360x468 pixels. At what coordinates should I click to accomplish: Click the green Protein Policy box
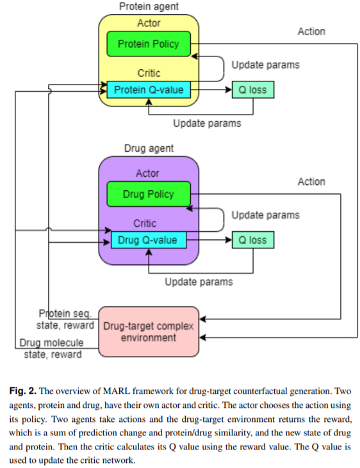tap(149, 44)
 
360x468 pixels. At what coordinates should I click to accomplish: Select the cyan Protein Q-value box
tap(149, 90)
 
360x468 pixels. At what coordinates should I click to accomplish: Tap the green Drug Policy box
tap(149, 194)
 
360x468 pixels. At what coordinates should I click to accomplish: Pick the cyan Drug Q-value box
tap(149, 240)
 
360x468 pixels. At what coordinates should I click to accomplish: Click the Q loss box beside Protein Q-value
tap(253, 90)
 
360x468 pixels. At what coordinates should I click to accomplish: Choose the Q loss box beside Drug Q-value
tap(253, 240)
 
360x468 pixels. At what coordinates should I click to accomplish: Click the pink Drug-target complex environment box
tap(149, 332)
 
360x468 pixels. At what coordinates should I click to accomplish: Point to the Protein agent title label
tap(149, 6)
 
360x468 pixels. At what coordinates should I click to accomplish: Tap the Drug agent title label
tap(149, 149)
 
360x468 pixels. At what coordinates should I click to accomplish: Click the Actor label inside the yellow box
tap(149, 23)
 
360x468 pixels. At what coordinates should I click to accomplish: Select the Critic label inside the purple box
tap(145, 223)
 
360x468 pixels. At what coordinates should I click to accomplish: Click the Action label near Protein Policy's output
tap(311, 31)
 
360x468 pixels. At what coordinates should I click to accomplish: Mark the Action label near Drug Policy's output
tap(311, 181)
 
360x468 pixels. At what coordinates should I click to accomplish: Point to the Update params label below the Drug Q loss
tap(199, 282)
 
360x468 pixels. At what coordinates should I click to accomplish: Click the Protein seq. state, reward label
tap(65, 319)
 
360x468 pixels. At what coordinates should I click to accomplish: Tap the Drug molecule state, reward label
tap(51, 348)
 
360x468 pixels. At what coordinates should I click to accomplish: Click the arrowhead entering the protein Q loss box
tap(229, 90)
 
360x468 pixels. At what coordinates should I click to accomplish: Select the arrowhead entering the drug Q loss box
tap(229, 239)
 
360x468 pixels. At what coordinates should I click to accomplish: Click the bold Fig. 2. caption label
tap(22, 391)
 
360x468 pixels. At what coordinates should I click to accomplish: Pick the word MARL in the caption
tap(116, 391)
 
